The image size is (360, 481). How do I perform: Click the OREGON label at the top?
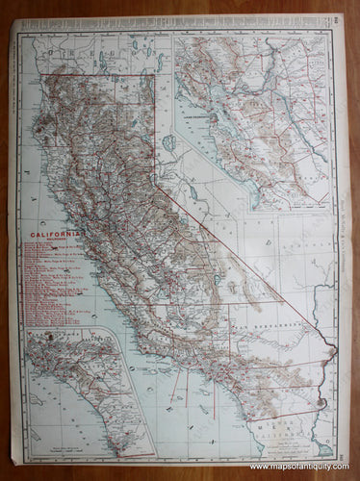click(x=106, y=55)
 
